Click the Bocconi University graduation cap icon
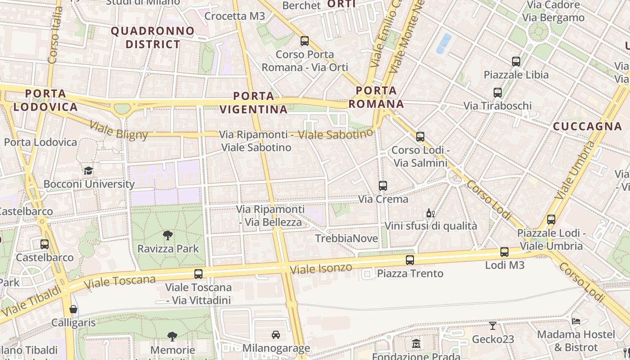(88, 171)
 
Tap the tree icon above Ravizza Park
(168, 235)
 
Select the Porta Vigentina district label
(254, 103)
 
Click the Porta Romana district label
(376, 97)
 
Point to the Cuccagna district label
(587, 126)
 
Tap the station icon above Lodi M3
(504, 252)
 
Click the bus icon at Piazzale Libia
(516, 62)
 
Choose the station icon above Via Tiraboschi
(498, 93)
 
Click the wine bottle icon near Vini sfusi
(431, 213)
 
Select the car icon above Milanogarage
(276, 335)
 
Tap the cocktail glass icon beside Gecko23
(493, 325)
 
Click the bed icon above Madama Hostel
(576, 321)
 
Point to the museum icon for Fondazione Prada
(416, 343)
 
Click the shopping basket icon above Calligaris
(73, 309)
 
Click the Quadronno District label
(153, 38)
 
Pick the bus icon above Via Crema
(383, 185)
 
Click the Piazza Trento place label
(410, 274)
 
